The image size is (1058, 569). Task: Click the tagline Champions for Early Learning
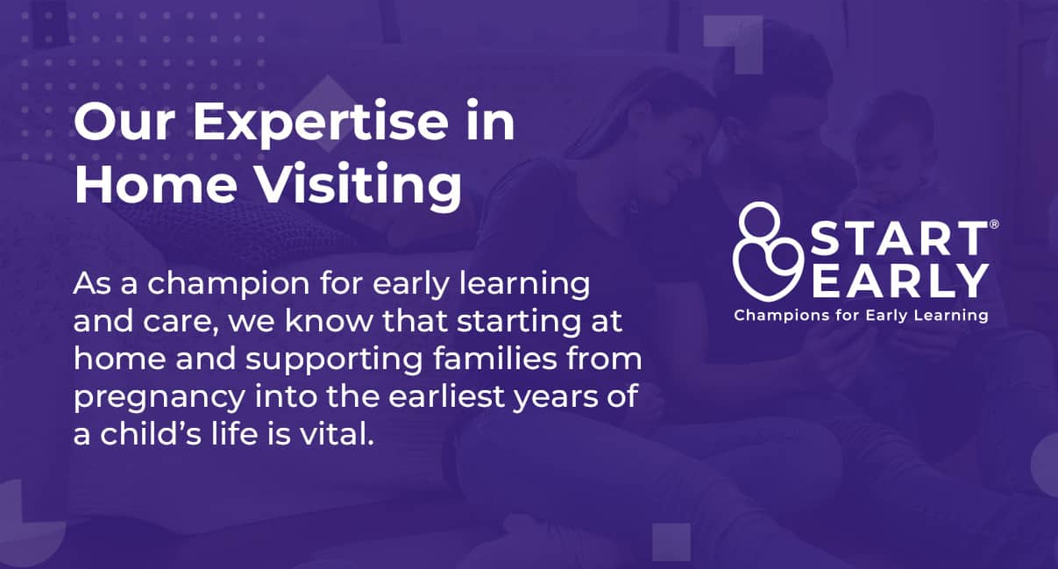[861, 315]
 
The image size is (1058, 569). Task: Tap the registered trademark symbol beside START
[993, 225]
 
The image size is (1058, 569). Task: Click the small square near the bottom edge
[671, 540]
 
